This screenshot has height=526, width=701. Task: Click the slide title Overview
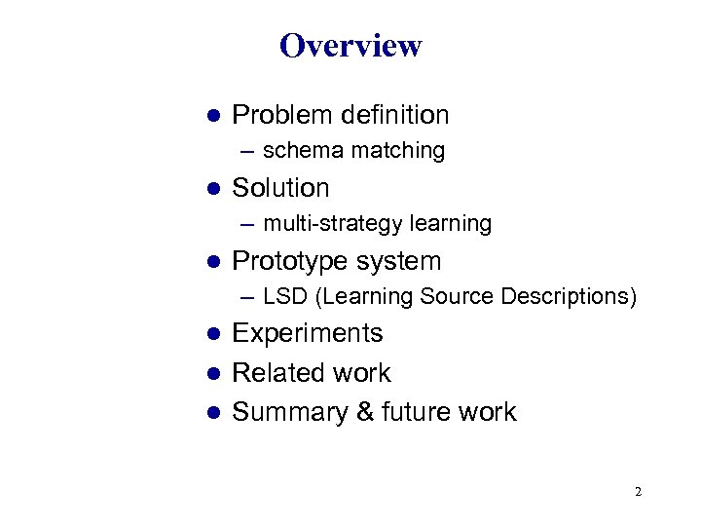click(350, 46)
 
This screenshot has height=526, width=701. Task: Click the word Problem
click(282, 115)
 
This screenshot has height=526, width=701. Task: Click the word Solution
click(280, 188)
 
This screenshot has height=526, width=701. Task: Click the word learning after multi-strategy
click(450, 224)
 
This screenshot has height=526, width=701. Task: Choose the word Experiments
click(308, 333)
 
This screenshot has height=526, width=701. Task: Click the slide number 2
click(638, 492)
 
